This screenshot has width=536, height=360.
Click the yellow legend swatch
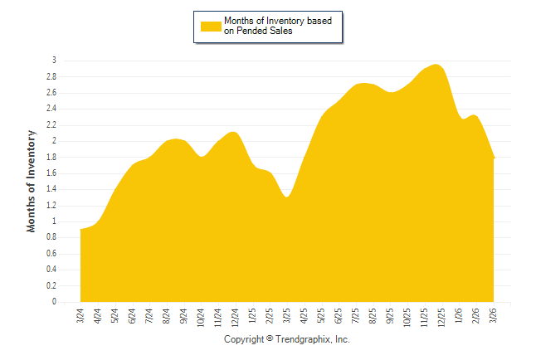pos(211,26)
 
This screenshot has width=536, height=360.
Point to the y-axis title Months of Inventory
pos(32,181)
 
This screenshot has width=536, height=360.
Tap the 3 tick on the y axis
pos(54,61)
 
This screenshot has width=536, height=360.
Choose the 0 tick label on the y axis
pos(54,302)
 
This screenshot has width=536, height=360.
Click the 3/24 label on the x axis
pos(80,316)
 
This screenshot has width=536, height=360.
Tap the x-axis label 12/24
pos(236,318)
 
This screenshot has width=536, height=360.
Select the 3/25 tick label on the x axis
pos(287,316)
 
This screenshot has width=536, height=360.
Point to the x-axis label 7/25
pos(356,316)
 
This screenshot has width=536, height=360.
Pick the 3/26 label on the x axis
pos(494,316)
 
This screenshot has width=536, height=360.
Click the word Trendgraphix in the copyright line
pos(304,340)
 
